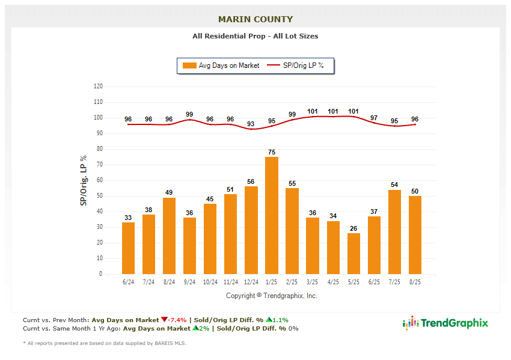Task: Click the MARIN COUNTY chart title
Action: pos(255,19)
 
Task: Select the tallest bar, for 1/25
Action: pos(272,215)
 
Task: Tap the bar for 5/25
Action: pos(353,253)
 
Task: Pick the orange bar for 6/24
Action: pos(129,248)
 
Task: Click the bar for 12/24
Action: pos(251,230)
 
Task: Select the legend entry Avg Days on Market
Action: pos(222,66)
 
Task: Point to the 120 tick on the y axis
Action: pos(98,87)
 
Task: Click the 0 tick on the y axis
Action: pos(100,274)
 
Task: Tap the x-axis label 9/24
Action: pos(190,282)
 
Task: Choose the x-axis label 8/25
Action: pos(415,282)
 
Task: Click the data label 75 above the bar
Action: pos(272,152)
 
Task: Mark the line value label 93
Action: pos(251,124)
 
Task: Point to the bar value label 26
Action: pos(353,228)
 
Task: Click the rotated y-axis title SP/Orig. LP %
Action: pos(84,180)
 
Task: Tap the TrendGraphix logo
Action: pos(445,323)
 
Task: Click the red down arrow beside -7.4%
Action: pos(164,320)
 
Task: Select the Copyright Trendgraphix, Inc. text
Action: pos(271,296)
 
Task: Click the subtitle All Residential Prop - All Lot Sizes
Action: pos(255,36)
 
